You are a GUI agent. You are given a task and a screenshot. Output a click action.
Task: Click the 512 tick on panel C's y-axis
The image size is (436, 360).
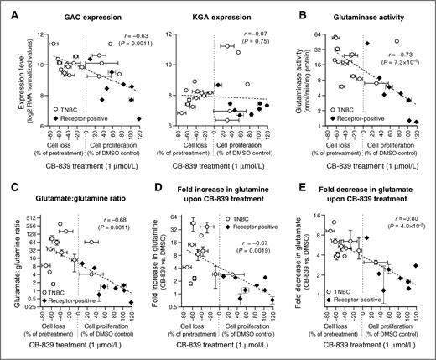coord(33,208)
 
